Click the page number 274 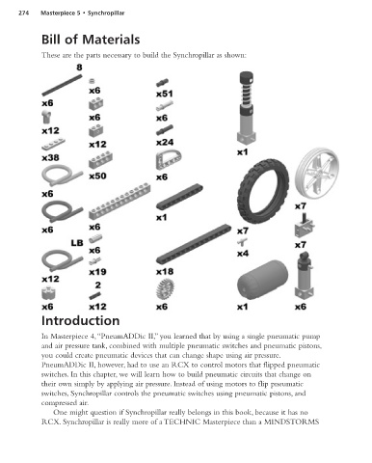pyautogui.click(x=24, y=14)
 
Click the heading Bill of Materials pyautogui.click(x=91, y=40)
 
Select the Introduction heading pyautogui.click(x=81, y=320)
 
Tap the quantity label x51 pyautogui.click(x=165, y=94)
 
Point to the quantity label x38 pyautogui.click(x=50, y=157)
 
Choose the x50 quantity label pyautogui.click(x=97, y=176)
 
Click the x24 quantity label pyautogui.click(x=165, y=142)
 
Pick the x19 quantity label pyautogui.click(x=97, y=272)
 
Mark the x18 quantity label pyautogui.click(x=165, y=272)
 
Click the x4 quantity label pyautogui.click(x=243, y=254)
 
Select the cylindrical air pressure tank pyautogui.click(x=263, y=280)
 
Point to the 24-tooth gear pyautogui.click(x=166, y=288)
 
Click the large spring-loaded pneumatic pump pyautogui.click(x=247, y=108)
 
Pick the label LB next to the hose pyautogui.click(x=77, y=243)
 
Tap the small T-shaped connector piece pyautogui.click(x=242, y=242)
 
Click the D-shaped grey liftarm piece pyautogui.click(x=169, y=160)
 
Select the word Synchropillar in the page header pyautogui.click(x=106, y=14)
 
